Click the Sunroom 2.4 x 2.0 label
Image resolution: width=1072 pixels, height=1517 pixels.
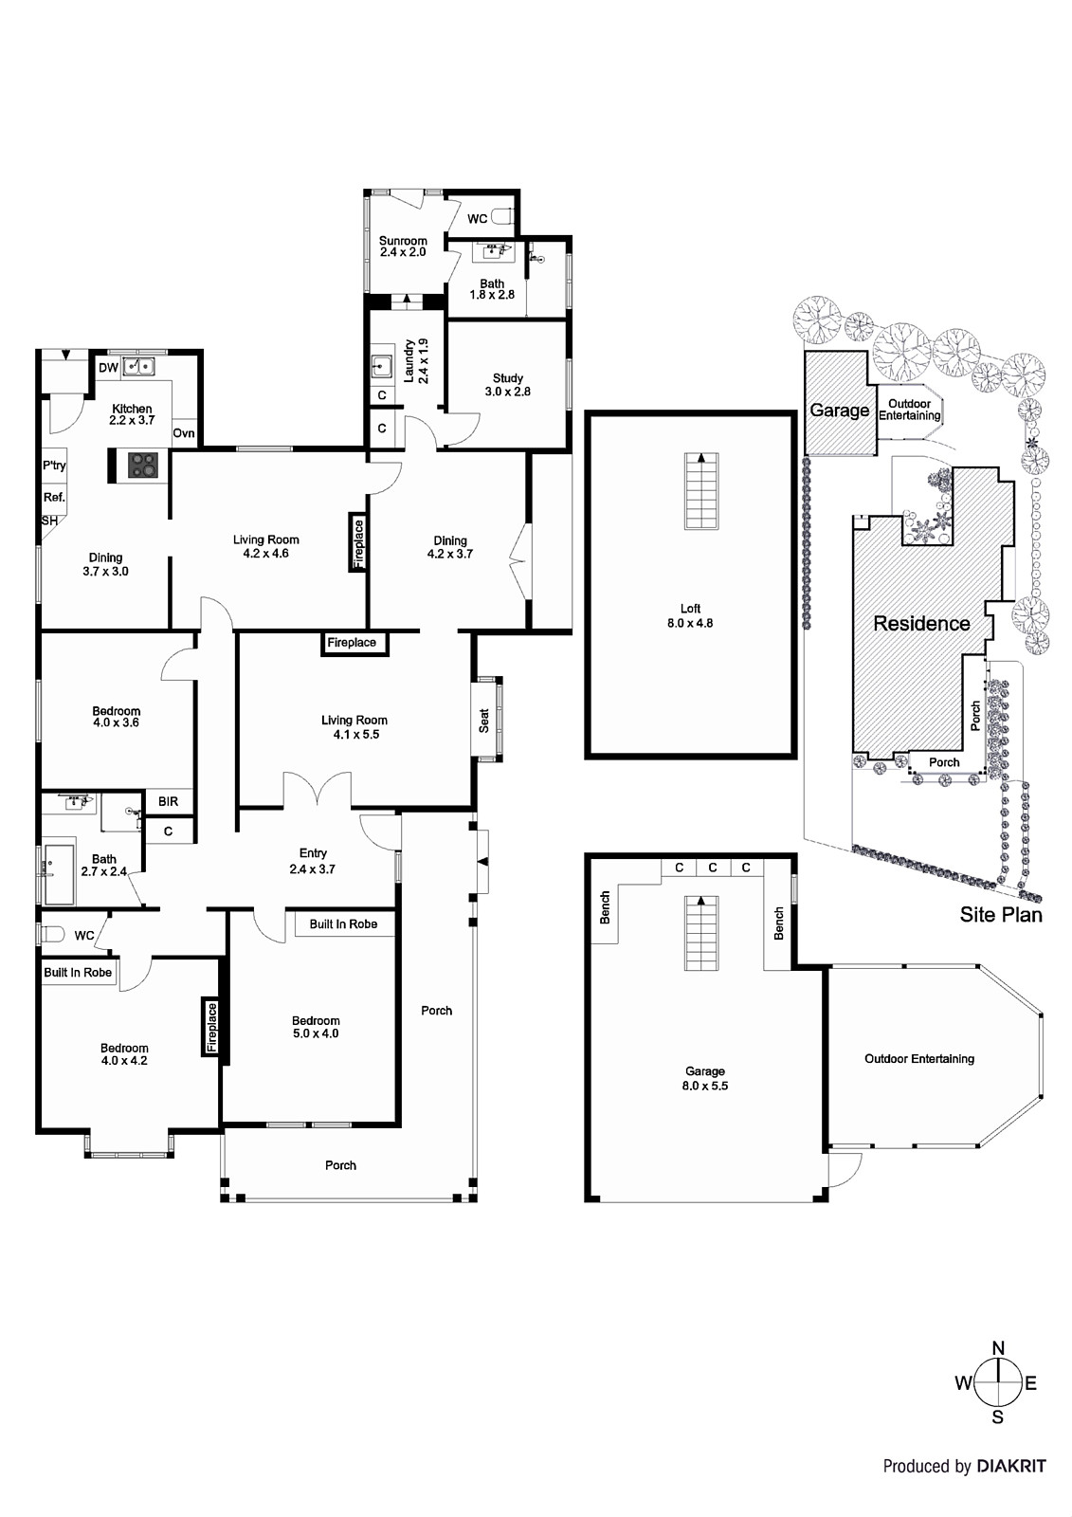403,247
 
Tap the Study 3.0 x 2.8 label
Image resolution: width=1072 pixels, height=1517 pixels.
507,384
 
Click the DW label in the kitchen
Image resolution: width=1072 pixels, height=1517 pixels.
109,367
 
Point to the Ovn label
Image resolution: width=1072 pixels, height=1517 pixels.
184,433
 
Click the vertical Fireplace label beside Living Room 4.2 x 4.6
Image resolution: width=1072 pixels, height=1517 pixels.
358,543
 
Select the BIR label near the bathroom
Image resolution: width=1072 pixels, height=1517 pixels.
168,801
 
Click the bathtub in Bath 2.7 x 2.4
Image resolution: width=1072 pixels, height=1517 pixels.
58,873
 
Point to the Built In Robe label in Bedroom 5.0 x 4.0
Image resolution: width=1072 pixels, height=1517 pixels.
343,923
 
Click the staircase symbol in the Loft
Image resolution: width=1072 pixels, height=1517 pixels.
700,492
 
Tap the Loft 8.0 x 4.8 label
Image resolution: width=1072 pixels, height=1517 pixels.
690,616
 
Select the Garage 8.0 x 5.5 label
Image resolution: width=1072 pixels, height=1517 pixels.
704,1078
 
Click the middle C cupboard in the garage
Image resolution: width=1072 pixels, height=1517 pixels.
712,868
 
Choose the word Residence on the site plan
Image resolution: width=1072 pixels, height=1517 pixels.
921,624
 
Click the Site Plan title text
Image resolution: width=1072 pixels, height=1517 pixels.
1000,914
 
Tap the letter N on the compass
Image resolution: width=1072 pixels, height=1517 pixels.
997,1348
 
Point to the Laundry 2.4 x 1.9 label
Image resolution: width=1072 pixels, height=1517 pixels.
417,360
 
